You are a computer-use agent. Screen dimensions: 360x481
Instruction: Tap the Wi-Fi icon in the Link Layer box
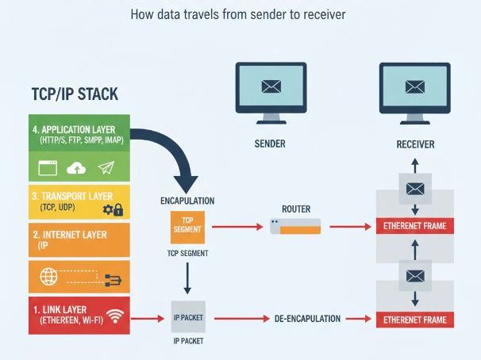(116, 316)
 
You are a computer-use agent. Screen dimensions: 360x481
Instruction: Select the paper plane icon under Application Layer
(106, 167)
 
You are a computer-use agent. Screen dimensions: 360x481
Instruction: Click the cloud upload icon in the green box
(76, 167)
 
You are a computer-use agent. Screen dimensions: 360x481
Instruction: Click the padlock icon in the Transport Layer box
(118, 210)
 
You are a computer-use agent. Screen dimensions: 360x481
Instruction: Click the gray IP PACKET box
(188, 318)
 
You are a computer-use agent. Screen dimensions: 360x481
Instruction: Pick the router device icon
(295, 227)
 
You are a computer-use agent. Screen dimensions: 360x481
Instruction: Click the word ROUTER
(295, 209)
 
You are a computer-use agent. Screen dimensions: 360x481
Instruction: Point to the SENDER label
(270, 144)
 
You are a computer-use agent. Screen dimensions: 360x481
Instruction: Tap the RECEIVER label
(415, 144)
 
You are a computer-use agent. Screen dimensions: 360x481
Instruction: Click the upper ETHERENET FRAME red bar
(415, 226)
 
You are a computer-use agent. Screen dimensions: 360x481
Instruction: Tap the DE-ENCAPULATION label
(307, 319)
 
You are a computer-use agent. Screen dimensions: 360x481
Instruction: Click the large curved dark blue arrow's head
(187, 181)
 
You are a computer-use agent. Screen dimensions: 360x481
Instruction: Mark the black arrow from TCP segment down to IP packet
(188, 277)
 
